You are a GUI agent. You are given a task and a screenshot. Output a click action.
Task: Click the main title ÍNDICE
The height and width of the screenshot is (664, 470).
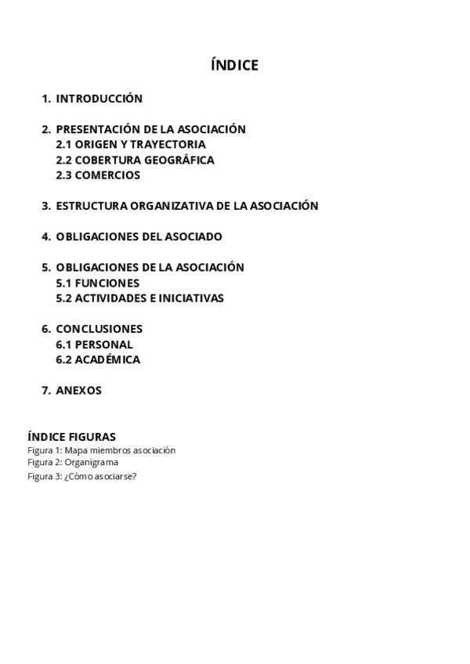(234, 65)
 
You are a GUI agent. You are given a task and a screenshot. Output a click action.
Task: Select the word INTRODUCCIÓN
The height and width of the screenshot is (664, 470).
(99, 99)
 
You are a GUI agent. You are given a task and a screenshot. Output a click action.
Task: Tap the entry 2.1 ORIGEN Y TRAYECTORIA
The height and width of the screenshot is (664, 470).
(131, 145)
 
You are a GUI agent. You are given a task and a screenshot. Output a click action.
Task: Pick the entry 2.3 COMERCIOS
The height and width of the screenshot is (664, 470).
(98, 175)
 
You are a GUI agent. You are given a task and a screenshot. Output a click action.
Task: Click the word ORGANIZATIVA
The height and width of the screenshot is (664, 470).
(169, 206)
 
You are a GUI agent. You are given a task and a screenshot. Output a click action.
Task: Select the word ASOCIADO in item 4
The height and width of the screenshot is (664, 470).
(193, 236)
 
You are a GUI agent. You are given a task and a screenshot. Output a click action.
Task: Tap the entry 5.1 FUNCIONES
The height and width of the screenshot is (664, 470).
(97, 283)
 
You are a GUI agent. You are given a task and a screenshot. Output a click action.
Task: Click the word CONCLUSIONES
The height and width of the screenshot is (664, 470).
(99, 329)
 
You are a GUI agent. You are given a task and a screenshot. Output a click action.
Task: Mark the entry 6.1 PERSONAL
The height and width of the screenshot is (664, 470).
(94, 345)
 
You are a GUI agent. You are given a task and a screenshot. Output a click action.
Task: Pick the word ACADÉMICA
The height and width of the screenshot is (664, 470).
(107, 359)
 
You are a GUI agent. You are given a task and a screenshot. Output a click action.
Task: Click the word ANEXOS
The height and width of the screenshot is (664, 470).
(78, 390)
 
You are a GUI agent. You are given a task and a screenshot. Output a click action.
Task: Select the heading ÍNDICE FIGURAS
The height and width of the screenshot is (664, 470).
(71, 436)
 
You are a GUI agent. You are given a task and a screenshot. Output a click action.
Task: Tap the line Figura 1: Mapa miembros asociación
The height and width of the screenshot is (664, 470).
(101, 450)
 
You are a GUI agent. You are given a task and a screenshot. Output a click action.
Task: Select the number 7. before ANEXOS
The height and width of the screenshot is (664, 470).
(46, 390)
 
